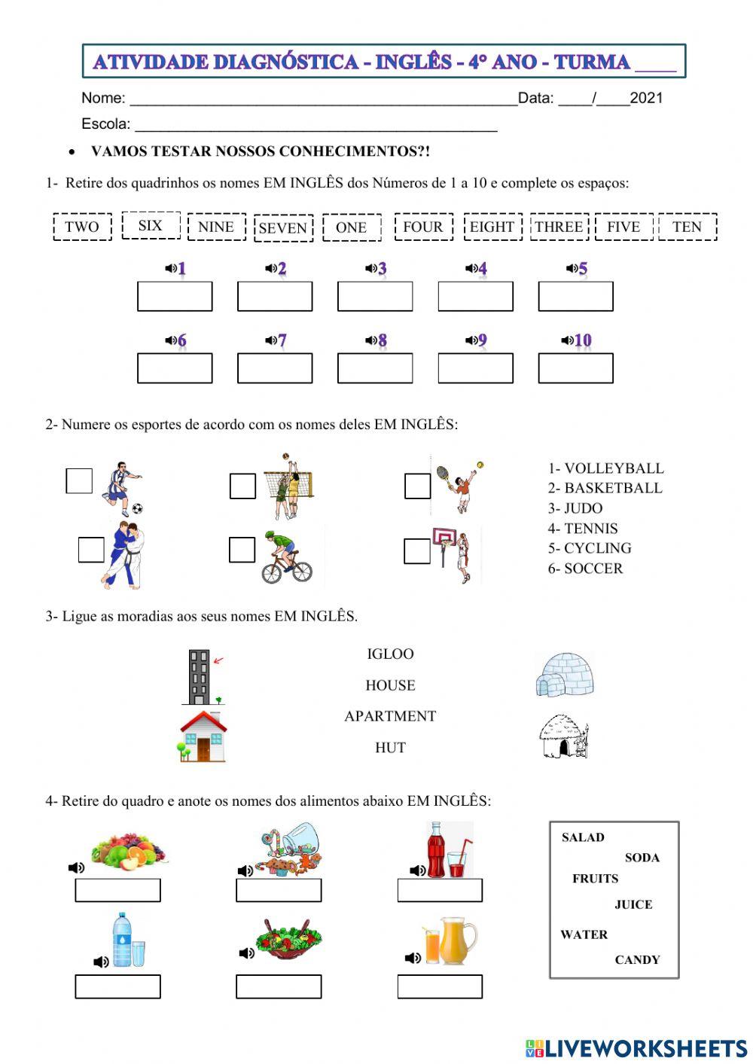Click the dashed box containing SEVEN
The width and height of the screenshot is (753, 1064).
click(x=283, y=228)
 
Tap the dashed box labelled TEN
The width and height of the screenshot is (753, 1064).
click(x=687, y=227)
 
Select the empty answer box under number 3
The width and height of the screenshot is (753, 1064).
click(x=374, y=297)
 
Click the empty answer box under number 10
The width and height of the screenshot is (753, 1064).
click(x=575, y=368)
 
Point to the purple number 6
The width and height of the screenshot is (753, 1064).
click(x=181, y=340)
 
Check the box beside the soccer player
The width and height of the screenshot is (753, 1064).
click(x=79, y=481)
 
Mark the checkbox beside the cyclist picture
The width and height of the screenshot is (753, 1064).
click(x=242, y=550)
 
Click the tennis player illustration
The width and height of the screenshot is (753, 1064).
click(x=460, y=486)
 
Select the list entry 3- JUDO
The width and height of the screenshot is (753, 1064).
click(x=575, y=508)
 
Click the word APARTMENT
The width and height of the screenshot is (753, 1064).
click(x=390, y=716)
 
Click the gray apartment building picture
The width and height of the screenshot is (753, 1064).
click(x=200, y=676)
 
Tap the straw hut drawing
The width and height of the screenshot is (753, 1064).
click(x=563, y=736)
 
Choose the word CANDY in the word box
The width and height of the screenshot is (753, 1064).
click(x=637, y=960)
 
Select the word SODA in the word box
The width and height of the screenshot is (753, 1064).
click(x=642, y=858)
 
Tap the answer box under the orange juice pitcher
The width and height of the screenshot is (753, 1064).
click(x=440, y=986)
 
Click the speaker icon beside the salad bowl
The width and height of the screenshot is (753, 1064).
click(x=246, y=953)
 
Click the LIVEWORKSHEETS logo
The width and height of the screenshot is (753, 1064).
click(x=636, y=1048)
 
